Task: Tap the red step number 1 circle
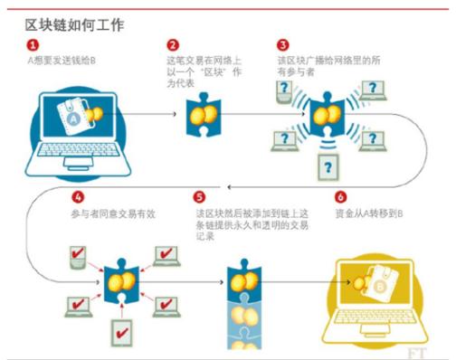click(x=33, y=43)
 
